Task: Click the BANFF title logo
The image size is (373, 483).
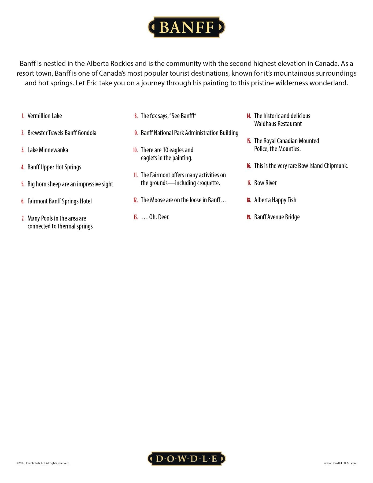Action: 186,27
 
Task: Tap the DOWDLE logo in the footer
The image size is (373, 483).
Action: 186,459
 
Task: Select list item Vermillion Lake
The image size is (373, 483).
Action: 45,116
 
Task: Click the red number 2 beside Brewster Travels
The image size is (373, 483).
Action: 23,133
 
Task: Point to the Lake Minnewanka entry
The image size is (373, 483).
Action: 48,150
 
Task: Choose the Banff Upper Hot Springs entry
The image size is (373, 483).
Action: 54,167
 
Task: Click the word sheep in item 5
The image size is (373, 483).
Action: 54,184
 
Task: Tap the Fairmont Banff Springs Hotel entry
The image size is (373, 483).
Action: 60,201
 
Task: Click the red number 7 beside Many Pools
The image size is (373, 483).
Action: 23,218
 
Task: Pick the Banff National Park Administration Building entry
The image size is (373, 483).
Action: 189,133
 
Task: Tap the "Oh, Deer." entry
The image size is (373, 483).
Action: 159,217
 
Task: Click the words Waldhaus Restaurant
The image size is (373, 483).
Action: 278,124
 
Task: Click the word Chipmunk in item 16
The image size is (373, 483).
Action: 336,166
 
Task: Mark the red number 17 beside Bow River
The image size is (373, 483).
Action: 249,183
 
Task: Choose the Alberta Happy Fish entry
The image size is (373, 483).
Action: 275,200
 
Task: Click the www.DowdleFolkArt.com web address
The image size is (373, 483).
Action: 340,463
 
